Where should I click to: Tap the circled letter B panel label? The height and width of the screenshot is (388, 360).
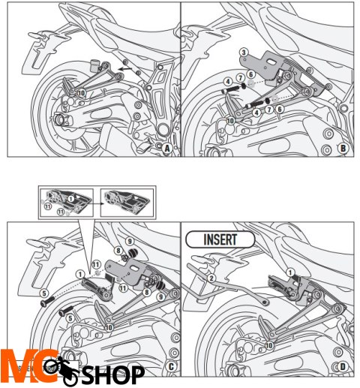tap(343, 148)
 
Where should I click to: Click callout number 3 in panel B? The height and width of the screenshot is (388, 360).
tap(244, 53)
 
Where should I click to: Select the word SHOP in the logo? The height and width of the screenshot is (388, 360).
tap(113, 372)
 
